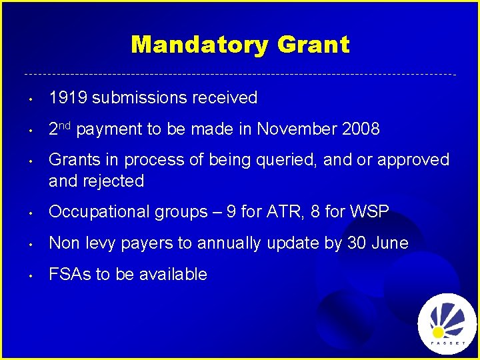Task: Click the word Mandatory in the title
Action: point(200,45)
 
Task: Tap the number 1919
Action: point(68,98)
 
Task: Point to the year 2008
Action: point(360,129)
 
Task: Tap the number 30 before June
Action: point(355,243)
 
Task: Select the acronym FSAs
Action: point(69,274)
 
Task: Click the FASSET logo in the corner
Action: point(447,324)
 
